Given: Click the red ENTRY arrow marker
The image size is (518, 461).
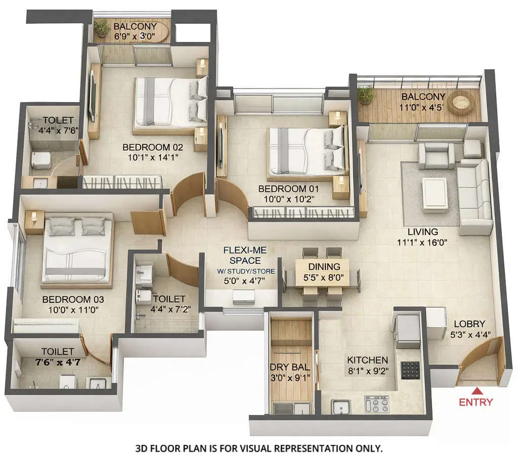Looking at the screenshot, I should click(x=476, y=391).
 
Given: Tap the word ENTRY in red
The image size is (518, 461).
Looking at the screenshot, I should click(x=476, y=402).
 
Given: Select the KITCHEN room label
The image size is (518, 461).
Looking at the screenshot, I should click(x=367, y=360).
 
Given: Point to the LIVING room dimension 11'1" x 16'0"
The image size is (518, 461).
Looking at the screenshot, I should click(x=423, y=242).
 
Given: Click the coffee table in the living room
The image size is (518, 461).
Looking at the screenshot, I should click(x=435, y=193).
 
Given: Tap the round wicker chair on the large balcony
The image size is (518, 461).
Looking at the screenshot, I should click(x=461, y=103).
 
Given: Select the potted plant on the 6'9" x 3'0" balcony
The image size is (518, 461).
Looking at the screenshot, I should click(x=102, y=28).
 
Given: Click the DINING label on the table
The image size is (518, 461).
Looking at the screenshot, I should click(x=321, y=266).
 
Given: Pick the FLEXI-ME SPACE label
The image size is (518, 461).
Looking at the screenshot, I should click(x=245, y=255).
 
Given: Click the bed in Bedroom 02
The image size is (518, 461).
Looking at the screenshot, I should click(x=169, y=102).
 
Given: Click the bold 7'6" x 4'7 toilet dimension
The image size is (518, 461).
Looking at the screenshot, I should click(x=57, y=361).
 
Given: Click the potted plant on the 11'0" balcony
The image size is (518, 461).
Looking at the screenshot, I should click(x=365, y=95).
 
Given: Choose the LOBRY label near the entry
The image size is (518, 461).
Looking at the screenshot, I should click(x=470, y=324).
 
